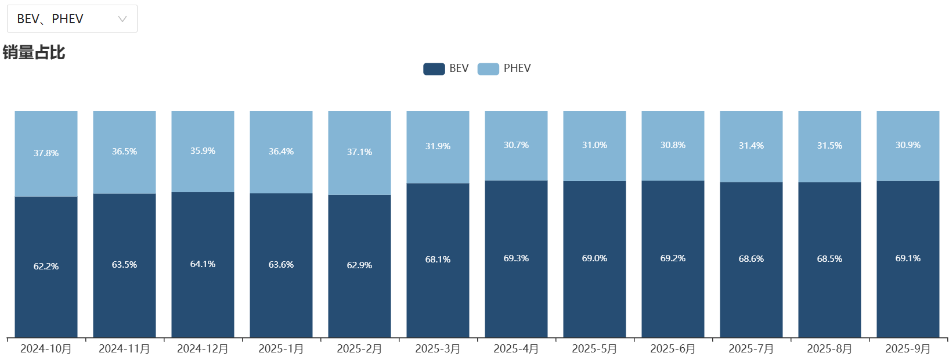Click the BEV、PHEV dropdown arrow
pyautogui.click(x=122, y=19)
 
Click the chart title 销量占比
pyautogui.click(x=34, y=52)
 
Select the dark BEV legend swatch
pyautogui.click(x=434, y=69)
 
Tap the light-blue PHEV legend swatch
pyautogui.click(x=488, y=69)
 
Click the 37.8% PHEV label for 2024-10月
pyautogui.click(x=46, y=153)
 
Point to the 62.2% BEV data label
pyautogui.click(x=46, y=267)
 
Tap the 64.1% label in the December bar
pyautogui.click(x=203, y=264)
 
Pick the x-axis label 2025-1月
pyautogui.click(x=281, y=349)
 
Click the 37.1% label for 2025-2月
pyautogui.click(x=359, y=152)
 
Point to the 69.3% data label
pyautogui.click(x=516, y=258)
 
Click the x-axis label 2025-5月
pyautogui.click(x=594, y=349)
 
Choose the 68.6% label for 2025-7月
pyautogui.click(x=751, y=259)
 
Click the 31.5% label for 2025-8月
pyautogui.click(x=829, y=146)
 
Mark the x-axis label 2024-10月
pyautogui.click(x=46, y=349)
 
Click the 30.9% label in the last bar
pyautogui.click(x=908, y=145)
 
